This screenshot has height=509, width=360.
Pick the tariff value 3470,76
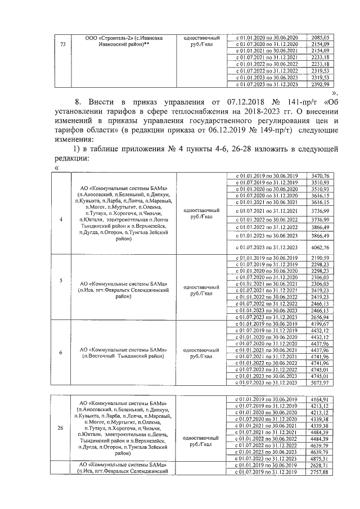coord(318,177)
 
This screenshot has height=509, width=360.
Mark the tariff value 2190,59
coord(318,258)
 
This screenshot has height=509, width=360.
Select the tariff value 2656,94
coord(318,317)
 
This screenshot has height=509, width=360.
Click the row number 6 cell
coord(61,353)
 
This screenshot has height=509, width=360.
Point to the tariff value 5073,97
coord(318,383)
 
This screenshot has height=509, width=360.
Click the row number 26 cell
coord(61,428)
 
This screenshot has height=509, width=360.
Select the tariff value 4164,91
coord(318,399)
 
